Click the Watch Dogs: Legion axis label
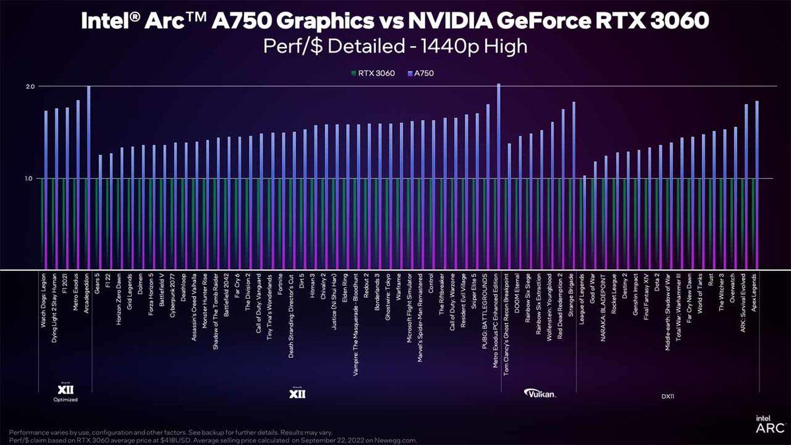(x=44, y=304)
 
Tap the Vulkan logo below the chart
(x=541, y=394)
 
